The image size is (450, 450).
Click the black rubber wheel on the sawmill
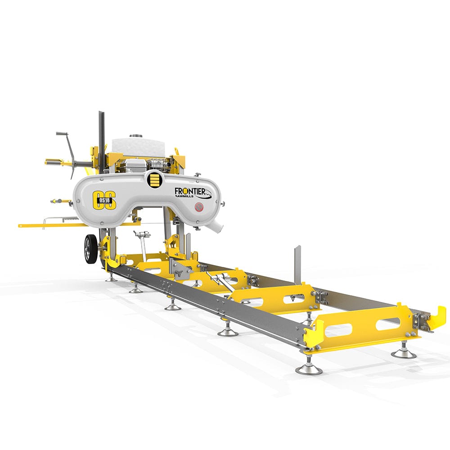[90, 249]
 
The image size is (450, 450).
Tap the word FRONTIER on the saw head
[190, 191]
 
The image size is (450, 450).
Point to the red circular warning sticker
[199, 207]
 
